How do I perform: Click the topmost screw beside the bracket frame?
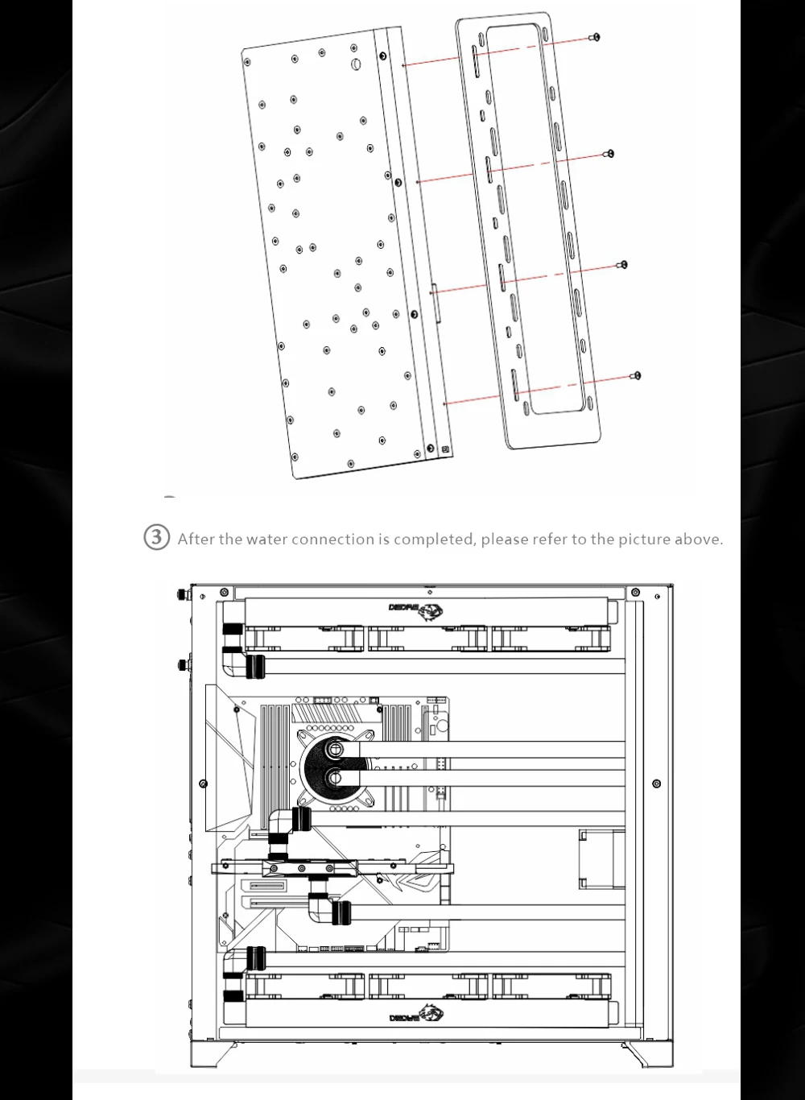pos(596,37)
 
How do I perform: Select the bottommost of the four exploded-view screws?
pos(637,375)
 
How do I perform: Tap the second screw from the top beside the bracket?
pos(609,153)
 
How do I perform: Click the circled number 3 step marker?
pos(156,538)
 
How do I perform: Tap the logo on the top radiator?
pos(416,609)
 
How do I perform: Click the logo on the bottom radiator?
pos(416,1016)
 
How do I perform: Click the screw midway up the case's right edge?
pos(656,784)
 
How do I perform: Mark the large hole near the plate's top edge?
pos(355,64)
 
